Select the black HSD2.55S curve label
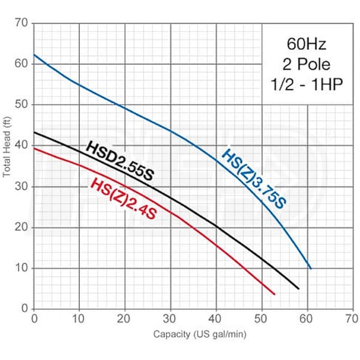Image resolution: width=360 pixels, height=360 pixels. tap(120, 161)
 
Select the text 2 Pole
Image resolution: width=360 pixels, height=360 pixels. tap(307, 64)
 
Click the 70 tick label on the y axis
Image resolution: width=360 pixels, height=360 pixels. tap(22, 23)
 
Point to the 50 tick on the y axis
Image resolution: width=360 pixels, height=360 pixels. tap(22, 105)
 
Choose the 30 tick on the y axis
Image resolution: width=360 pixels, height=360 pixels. tap(22, 187)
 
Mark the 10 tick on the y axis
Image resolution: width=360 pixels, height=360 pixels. tap(22, 268)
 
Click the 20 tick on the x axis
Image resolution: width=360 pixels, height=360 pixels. tap(125, 317)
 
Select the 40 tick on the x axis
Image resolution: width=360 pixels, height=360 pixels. tap(216, 317)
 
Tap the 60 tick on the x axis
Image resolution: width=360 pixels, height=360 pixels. tap(307, 317)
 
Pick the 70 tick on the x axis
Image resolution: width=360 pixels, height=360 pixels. tap(353, 317)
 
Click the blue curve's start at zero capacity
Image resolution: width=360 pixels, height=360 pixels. tap(34, 55)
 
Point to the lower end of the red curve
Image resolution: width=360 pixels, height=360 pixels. tap(274, 294)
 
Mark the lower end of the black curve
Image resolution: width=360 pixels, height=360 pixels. tap(298, 289)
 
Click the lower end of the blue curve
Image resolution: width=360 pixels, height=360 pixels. tap(310, 268)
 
